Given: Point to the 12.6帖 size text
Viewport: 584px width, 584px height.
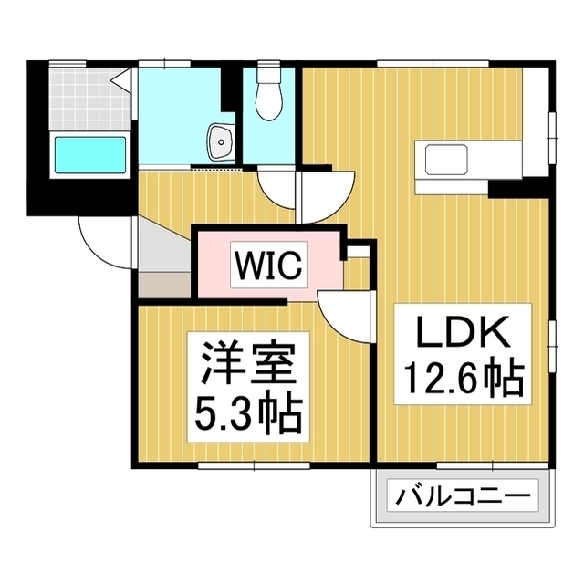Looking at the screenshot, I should click(462, 377).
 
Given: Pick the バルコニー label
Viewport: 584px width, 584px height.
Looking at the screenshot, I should click(463, 499).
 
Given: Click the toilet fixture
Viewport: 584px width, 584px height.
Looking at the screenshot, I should click(271, 97).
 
